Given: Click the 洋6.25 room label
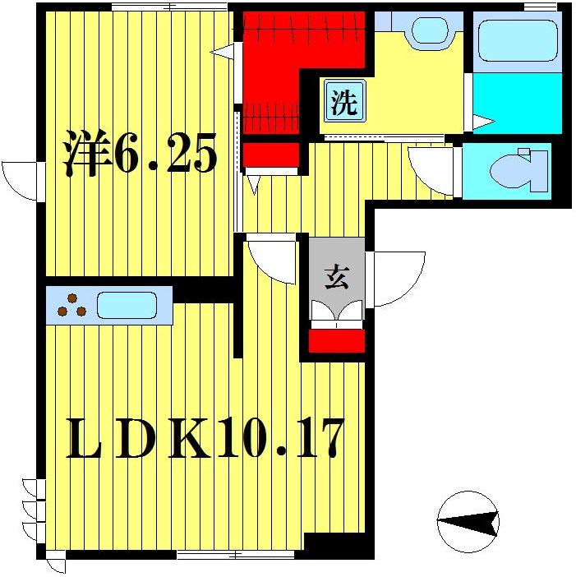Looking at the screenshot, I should [x=141, y=155].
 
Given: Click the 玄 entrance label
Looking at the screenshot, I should [x=336, y=278].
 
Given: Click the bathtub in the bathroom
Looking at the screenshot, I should [x=517, y=40].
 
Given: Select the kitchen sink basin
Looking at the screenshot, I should [x=127, y=305].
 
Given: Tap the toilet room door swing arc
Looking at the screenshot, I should [x=431, y=171].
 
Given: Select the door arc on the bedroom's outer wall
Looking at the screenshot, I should [x=21, y=179].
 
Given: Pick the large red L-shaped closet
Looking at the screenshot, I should [x=288, y=58].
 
